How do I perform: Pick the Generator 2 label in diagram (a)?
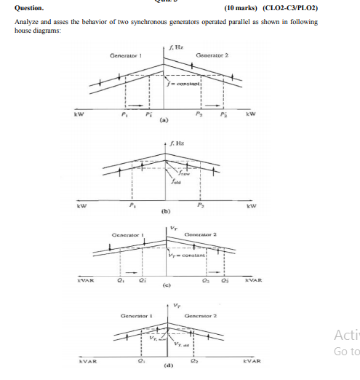coord(212,55)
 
